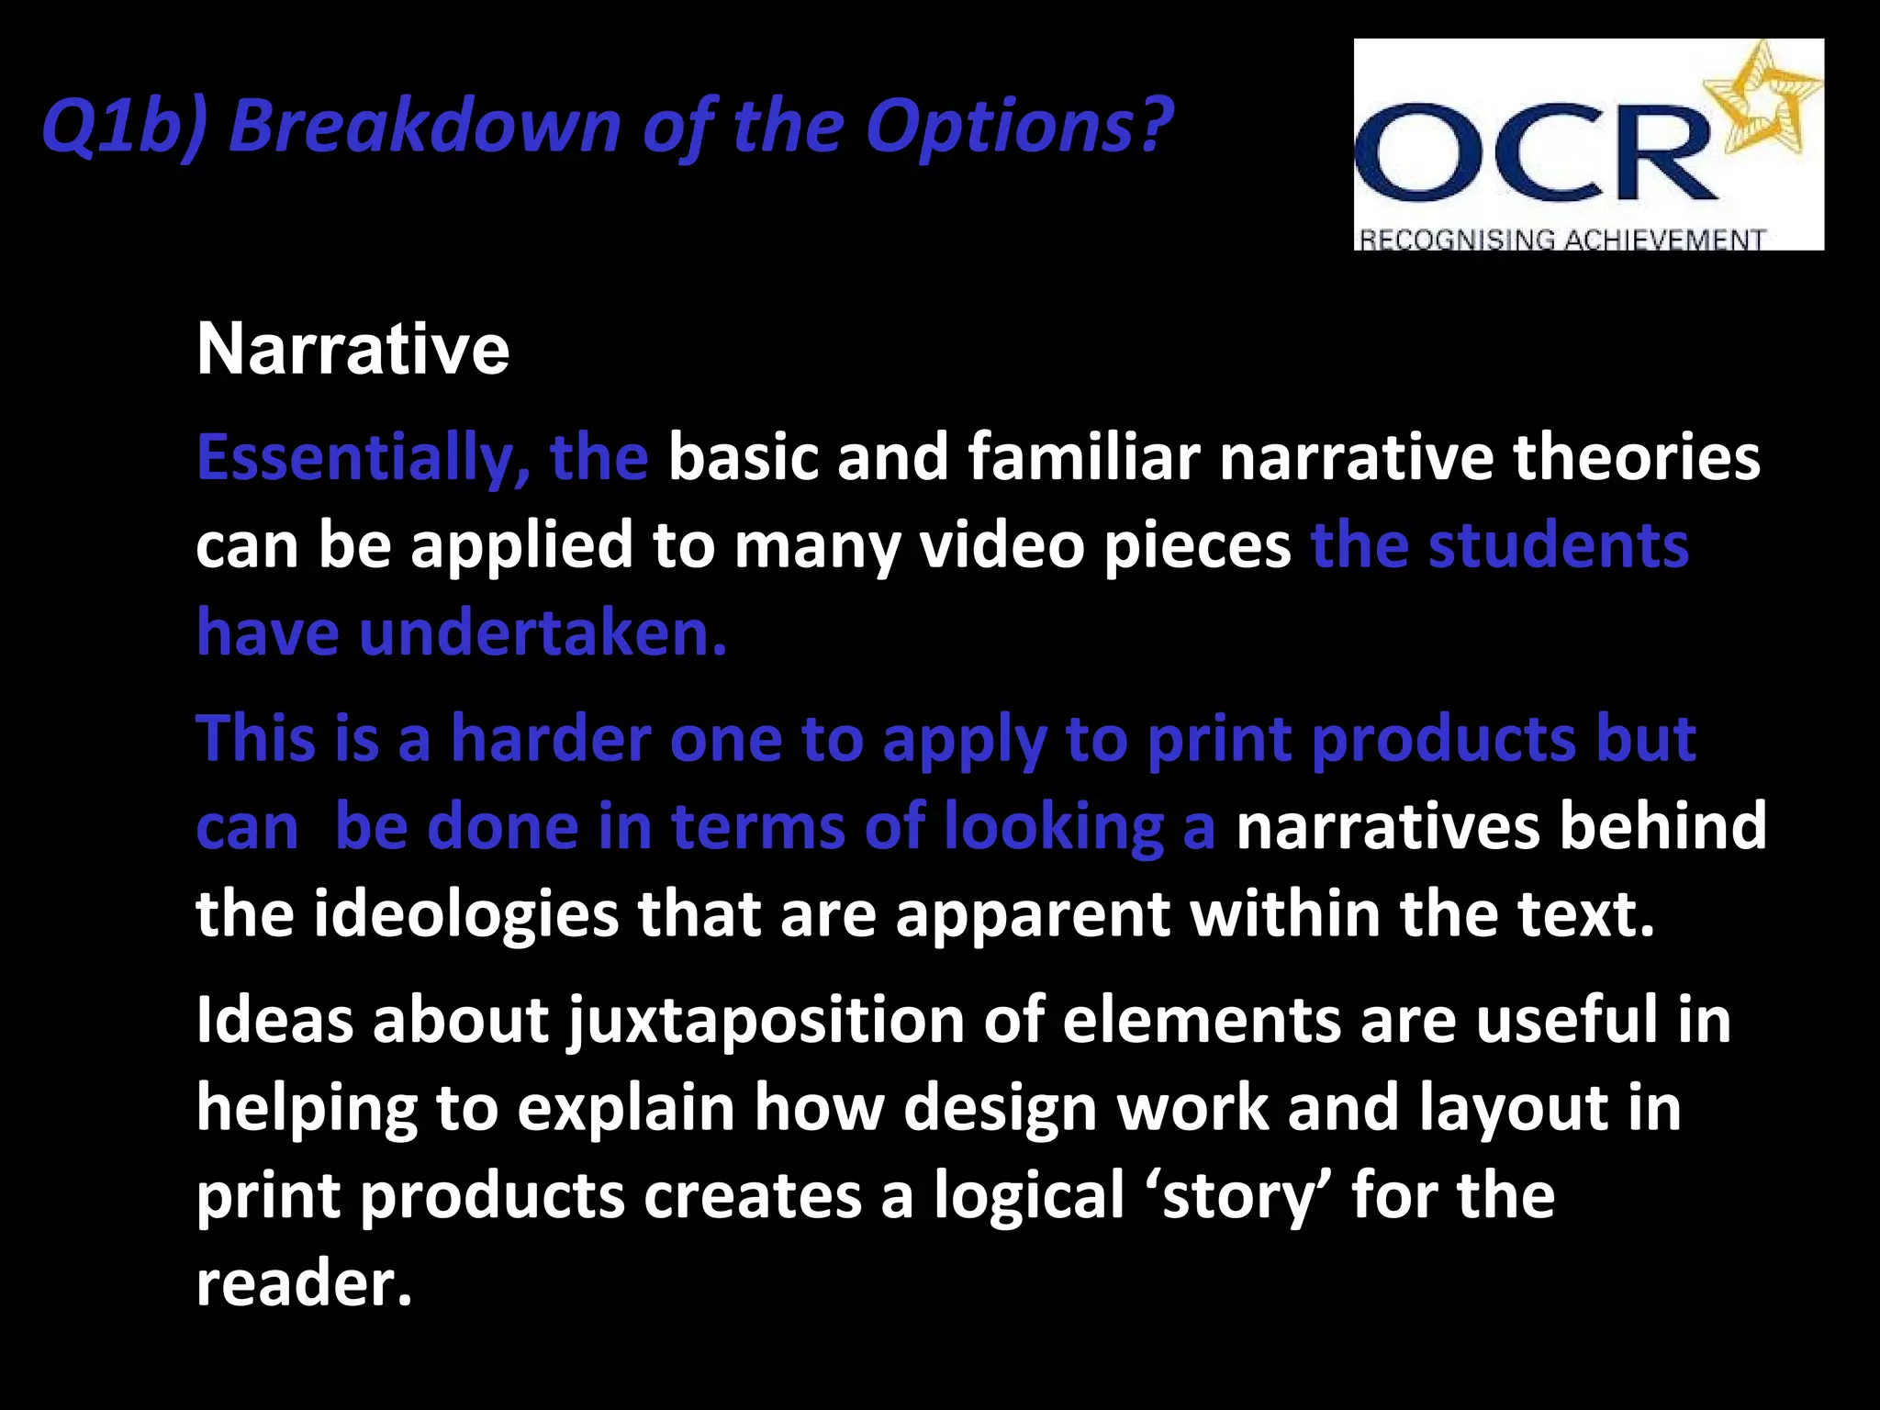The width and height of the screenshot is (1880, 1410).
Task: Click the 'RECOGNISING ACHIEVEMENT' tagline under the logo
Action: coord(1561,240)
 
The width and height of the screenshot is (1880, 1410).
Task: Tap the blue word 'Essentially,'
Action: coord(364,458)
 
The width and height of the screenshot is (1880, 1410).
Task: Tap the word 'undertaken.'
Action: coord(543,633)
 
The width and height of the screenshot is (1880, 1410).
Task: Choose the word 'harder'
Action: coord(550,738)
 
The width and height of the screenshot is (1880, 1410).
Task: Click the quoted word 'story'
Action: coord(1239,1196)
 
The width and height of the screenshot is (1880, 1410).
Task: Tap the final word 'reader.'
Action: coord(304,1283)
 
